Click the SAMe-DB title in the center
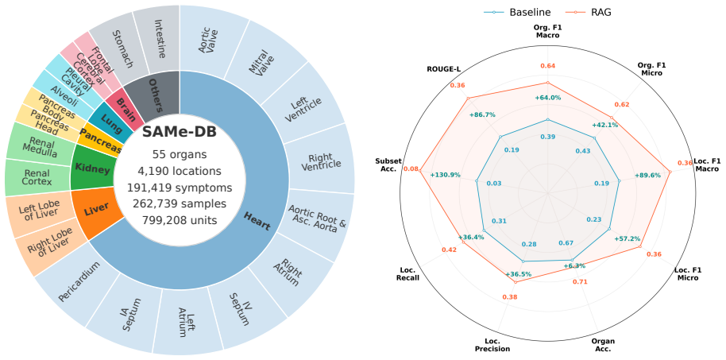(x=180, y=132)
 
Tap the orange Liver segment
(x=98, y=212)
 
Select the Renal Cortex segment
(x=37, y=178)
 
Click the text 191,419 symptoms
(x=180, y=188)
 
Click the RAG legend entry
(x=590, y=13)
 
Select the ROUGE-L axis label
(x=446, y=69)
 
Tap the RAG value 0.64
(x=548, y=66)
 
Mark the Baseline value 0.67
(x=566, y=243)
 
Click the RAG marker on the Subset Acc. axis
(x=420, y=171)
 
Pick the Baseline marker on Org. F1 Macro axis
(x=548, y=119)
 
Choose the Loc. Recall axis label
(x=408, y=273)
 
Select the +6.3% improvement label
(x=574, y=265)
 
